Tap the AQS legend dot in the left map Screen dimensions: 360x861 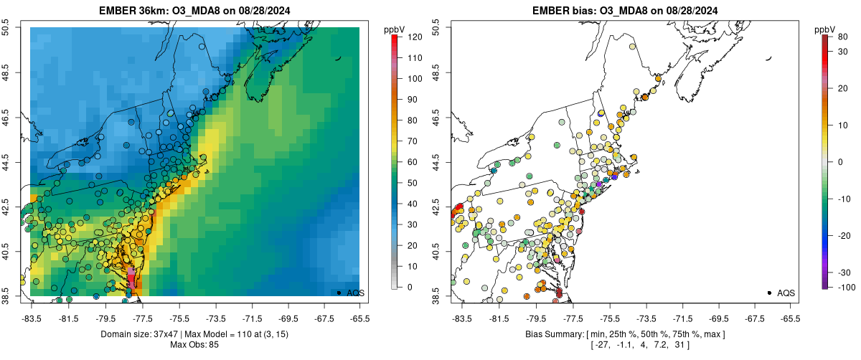coord(338,293)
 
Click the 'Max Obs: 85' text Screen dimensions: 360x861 coord(194,344)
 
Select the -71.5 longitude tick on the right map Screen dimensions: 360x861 coord(683,317)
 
